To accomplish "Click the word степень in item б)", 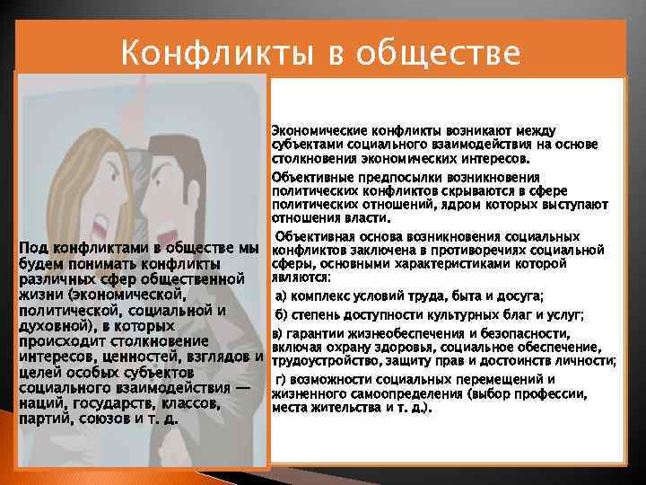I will point(318,314).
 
